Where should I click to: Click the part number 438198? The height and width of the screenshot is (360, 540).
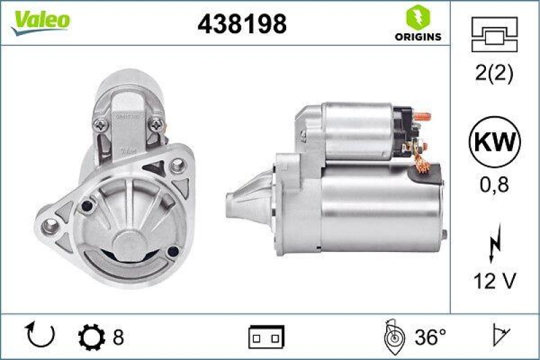click(242, 24)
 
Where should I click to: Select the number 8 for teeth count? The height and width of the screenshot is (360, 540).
click(118, 335)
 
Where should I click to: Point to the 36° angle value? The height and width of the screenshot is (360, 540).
click(430, 335)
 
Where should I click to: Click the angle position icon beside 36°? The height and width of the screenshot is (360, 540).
click(394, 336)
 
